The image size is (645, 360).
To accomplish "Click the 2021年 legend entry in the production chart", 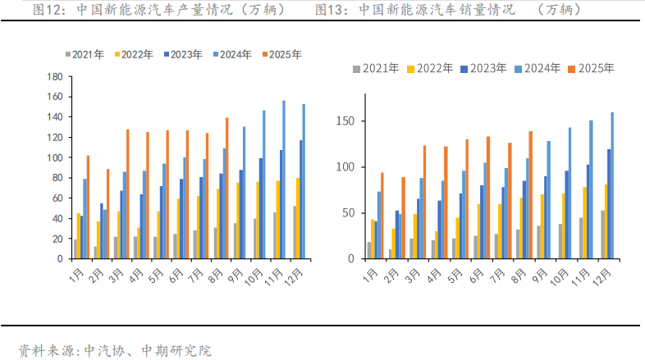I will tap(85, 55).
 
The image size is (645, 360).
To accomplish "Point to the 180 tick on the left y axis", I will tap(56, 77).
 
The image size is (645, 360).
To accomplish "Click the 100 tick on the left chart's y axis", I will tap(56, 157).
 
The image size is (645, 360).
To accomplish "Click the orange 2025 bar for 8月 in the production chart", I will tap(227, 188).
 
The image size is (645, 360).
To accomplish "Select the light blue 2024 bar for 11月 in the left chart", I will tap(284, 180).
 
